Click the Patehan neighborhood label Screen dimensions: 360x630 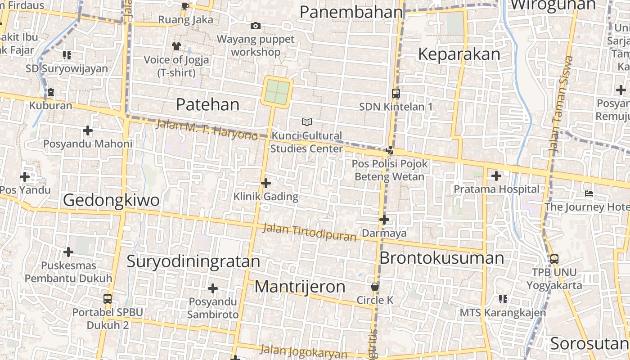point(207,104)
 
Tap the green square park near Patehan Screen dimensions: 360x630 point(277,92)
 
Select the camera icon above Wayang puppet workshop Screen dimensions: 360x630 point(256,26)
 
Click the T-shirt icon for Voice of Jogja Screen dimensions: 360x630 point(176,46)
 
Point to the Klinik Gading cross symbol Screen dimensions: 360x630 point(266,183)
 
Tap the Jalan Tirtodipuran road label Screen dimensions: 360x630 point(309,232)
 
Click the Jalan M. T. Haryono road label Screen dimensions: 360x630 point(207,129)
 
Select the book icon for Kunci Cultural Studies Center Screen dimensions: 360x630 point(307,122)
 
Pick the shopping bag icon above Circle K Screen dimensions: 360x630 point(374,287)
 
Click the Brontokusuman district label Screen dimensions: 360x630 point(442,258)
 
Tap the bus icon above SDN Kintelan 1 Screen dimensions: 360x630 point(396,94)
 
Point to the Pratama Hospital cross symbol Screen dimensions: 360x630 point(496,176)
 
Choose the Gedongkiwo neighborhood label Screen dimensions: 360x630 point(111,200)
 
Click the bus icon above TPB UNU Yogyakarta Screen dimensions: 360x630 point(554,259)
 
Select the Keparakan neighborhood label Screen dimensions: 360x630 point(459,54)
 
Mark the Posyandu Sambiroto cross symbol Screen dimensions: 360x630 point(213,288)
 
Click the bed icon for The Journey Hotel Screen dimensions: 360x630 point(589,194)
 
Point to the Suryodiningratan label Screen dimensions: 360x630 point(193,261)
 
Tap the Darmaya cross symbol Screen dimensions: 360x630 point(384,220)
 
